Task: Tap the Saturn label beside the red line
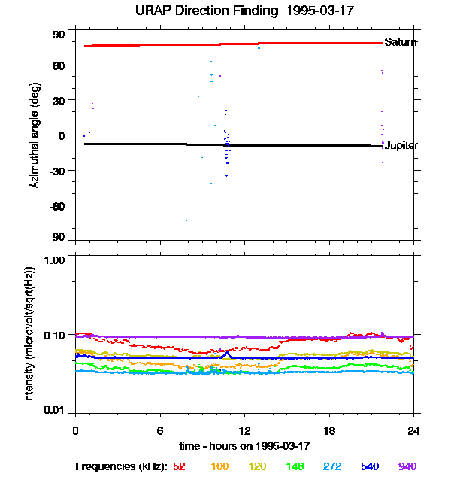(x=400, y=42)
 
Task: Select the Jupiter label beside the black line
(x=401, y=145)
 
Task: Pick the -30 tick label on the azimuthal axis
(x=57, y=170)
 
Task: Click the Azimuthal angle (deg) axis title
(x=35, y=135)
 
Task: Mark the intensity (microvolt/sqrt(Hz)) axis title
(x=30, y=333)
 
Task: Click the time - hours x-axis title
(x=244, y=445)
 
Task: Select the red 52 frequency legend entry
(x=179, y=466)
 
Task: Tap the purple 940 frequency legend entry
(x=407, y=466)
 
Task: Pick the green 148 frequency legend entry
(x=295, y=466)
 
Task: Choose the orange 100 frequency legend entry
(x=219, y=466)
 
